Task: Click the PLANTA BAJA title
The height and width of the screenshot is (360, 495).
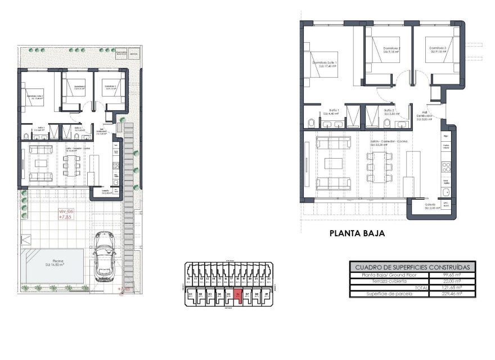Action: click(357, 233)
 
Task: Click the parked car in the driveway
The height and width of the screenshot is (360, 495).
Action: click(104, 258)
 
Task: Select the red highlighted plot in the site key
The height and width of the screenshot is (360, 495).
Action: click(238, 295)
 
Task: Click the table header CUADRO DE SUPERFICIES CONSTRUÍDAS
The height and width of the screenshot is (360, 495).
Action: click(412, 267)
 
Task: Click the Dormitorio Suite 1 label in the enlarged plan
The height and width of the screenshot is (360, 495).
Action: click(325, 64)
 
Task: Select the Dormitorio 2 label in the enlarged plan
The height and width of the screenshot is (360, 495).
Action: click(391, 50)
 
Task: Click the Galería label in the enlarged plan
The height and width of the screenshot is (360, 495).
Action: click(430, 206)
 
